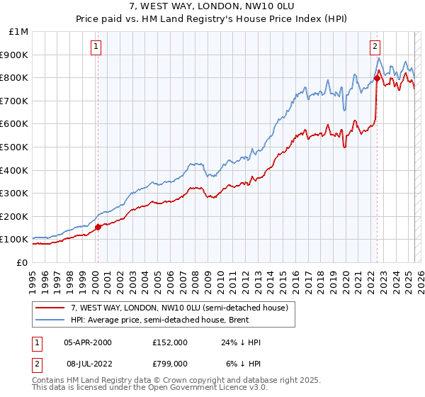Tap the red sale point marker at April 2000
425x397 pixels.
pos(98,227)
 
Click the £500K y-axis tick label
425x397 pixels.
pos(16,147)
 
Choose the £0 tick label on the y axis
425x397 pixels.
pos(22,262)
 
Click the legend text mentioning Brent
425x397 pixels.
pos(171,320)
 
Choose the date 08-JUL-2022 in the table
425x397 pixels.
pos(88,363)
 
